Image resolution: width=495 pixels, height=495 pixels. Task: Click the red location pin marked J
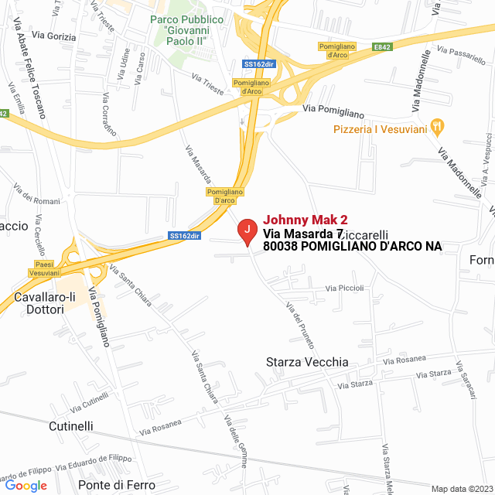[247, 230]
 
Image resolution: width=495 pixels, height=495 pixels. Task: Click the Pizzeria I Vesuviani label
[380, 129]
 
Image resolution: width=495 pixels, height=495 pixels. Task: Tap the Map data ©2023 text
[461, 488]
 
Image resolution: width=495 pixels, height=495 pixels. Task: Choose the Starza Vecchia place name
[307, 362]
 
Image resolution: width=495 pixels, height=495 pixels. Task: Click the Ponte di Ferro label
[117, 485]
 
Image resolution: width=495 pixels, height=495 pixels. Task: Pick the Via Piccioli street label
[344, 288]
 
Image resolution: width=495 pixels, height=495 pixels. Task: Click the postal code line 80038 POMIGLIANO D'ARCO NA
[352, 246]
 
